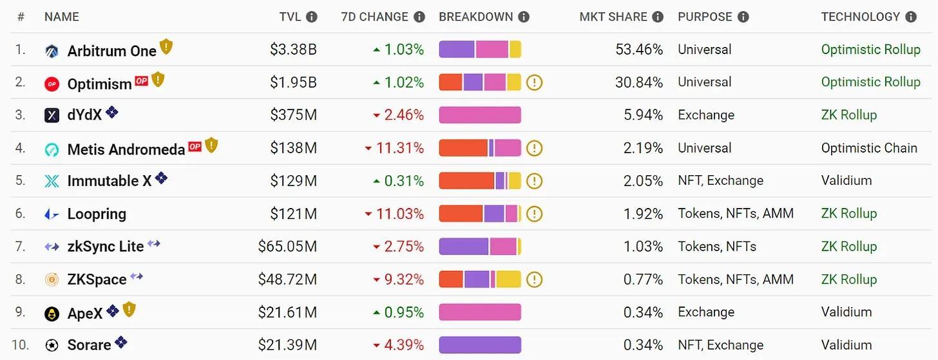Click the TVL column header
pyautogui.click(x=290, y=17)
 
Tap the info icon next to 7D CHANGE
pyautogui.click(x=419, y=17)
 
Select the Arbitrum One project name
pyautogui.click(x=112, y=51)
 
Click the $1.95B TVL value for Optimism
pyautogui.click(x=294, y=82)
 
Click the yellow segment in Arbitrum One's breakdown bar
pyautogui.click(x=515, y=50)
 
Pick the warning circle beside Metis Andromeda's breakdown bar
pyautogui.click(x=534, y=148)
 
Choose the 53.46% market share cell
pyautogui.click(x=640, y=50)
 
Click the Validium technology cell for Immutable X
pyautogui.click(x=846, y=181)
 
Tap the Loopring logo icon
pyautogui.click(x=52, y=214)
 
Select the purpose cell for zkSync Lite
pyautogui.click(x=717, y=247)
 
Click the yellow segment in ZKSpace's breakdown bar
pyautogui.click(x=509, y=279)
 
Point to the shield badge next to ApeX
pyautogui.click(x=129, y=310)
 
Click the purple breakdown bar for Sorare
pyautogui.click(x=480, y=345)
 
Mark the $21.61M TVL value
pyautogui.click(x=287, y=312)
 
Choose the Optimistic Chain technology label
pyautogui.click(x=868, y=148)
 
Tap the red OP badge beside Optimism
pyautogui.click(x=141, y=81)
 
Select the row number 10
pyautogui.click(x=21, y=345)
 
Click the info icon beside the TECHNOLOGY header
pyautogui.click(x=910, y=17)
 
